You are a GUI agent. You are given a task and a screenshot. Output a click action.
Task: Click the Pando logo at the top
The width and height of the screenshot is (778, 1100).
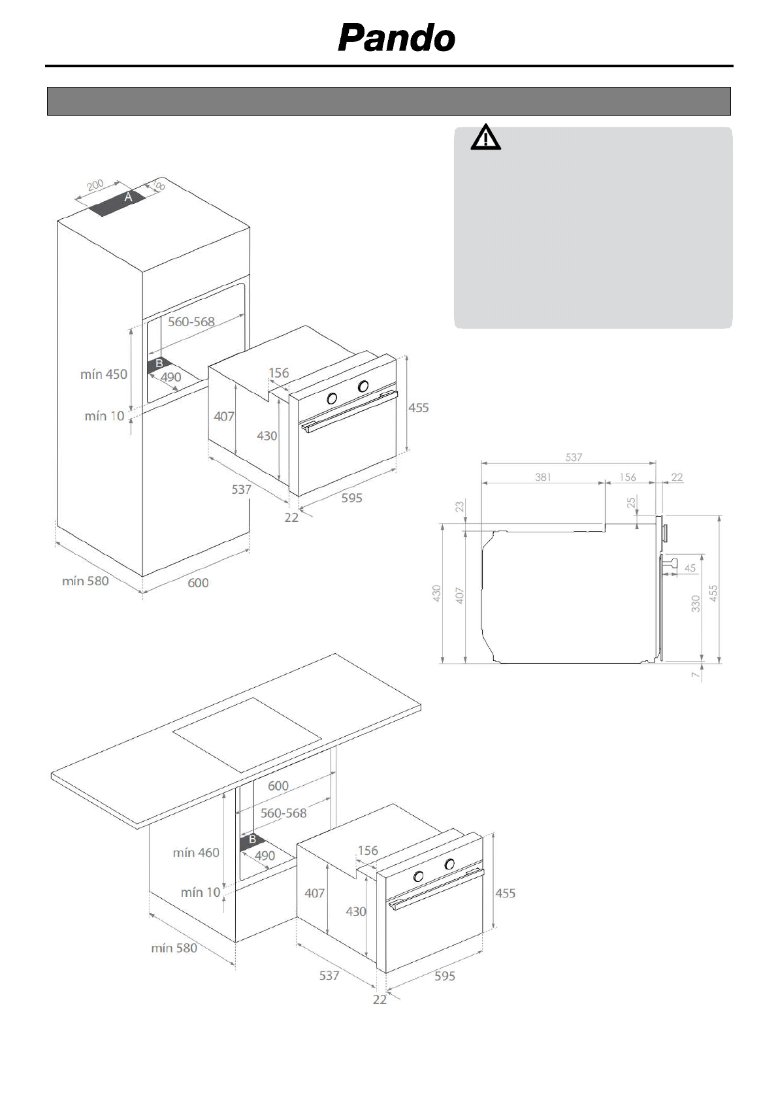[396, 38]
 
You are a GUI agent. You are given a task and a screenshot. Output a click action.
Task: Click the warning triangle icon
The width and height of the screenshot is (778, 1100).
[485, 138]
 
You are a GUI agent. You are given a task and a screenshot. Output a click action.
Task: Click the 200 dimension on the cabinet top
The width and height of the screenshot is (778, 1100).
[95, 186]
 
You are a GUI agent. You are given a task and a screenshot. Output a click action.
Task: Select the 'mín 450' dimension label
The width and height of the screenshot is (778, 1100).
[103, 374]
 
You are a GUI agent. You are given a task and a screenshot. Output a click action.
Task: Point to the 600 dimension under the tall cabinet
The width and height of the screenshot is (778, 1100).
[198, 583]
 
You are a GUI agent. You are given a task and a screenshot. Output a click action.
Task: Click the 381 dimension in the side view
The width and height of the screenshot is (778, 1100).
[543, 477]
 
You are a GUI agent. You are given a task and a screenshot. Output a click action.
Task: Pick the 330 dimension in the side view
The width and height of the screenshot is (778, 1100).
[696, 604]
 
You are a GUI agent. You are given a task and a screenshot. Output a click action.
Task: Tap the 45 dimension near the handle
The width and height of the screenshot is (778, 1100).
[690, 568]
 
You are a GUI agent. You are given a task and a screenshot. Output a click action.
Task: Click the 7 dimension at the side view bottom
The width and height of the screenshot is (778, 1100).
[695, 673]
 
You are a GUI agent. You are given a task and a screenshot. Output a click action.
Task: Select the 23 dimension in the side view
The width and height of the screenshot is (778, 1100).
[460, 506]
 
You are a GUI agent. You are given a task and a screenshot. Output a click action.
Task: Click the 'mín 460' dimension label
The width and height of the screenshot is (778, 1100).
[196, 852]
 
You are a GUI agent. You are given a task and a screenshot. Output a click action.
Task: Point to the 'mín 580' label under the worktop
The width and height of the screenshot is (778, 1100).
[174, 948]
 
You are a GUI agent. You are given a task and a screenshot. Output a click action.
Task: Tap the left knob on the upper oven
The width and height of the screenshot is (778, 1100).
[332, 398]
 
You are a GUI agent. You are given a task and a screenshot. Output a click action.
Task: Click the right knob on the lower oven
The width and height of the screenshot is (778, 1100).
[449, 864]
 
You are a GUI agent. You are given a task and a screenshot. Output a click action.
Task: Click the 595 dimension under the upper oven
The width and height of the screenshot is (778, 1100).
[351, 498]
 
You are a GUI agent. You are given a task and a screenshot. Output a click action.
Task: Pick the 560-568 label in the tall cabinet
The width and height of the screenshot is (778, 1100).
[191, 321]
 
